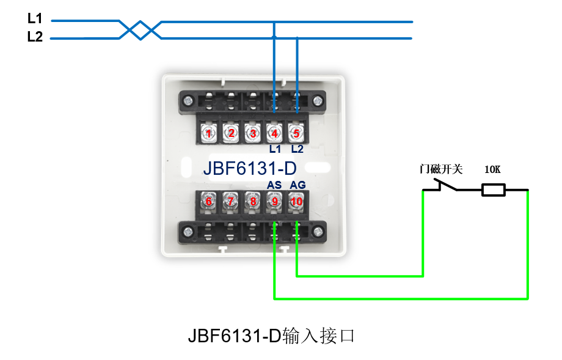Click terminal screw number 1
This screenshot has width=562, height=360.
210,133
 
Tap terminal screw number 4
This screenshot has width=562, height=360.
274,133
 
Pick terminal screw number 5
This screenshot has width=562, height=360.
296,133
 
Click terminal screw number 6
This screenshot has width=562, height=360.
209,201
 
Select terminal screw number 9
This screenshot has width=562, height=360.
274,201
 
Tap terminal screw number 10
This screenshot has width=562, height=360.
296,201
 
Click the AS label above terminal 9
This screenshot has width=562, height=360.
274,185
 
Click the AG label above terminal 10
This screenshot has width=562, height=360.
297,185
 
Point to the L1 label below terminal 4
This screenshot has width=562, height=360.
274,149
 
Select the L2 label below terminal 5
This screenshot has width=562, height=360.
297,149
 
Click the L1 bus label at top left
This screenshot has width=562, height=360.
35,19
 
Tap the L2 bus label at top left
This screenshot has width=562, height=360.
35,37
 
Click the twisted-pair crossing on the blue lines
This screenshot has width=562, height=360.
140,29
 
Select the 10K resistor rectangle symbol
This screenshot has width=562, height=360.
493,191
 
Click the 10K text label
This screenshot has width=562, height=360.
492,169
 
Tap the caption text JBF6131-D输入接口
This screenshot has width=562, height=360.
271,336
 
